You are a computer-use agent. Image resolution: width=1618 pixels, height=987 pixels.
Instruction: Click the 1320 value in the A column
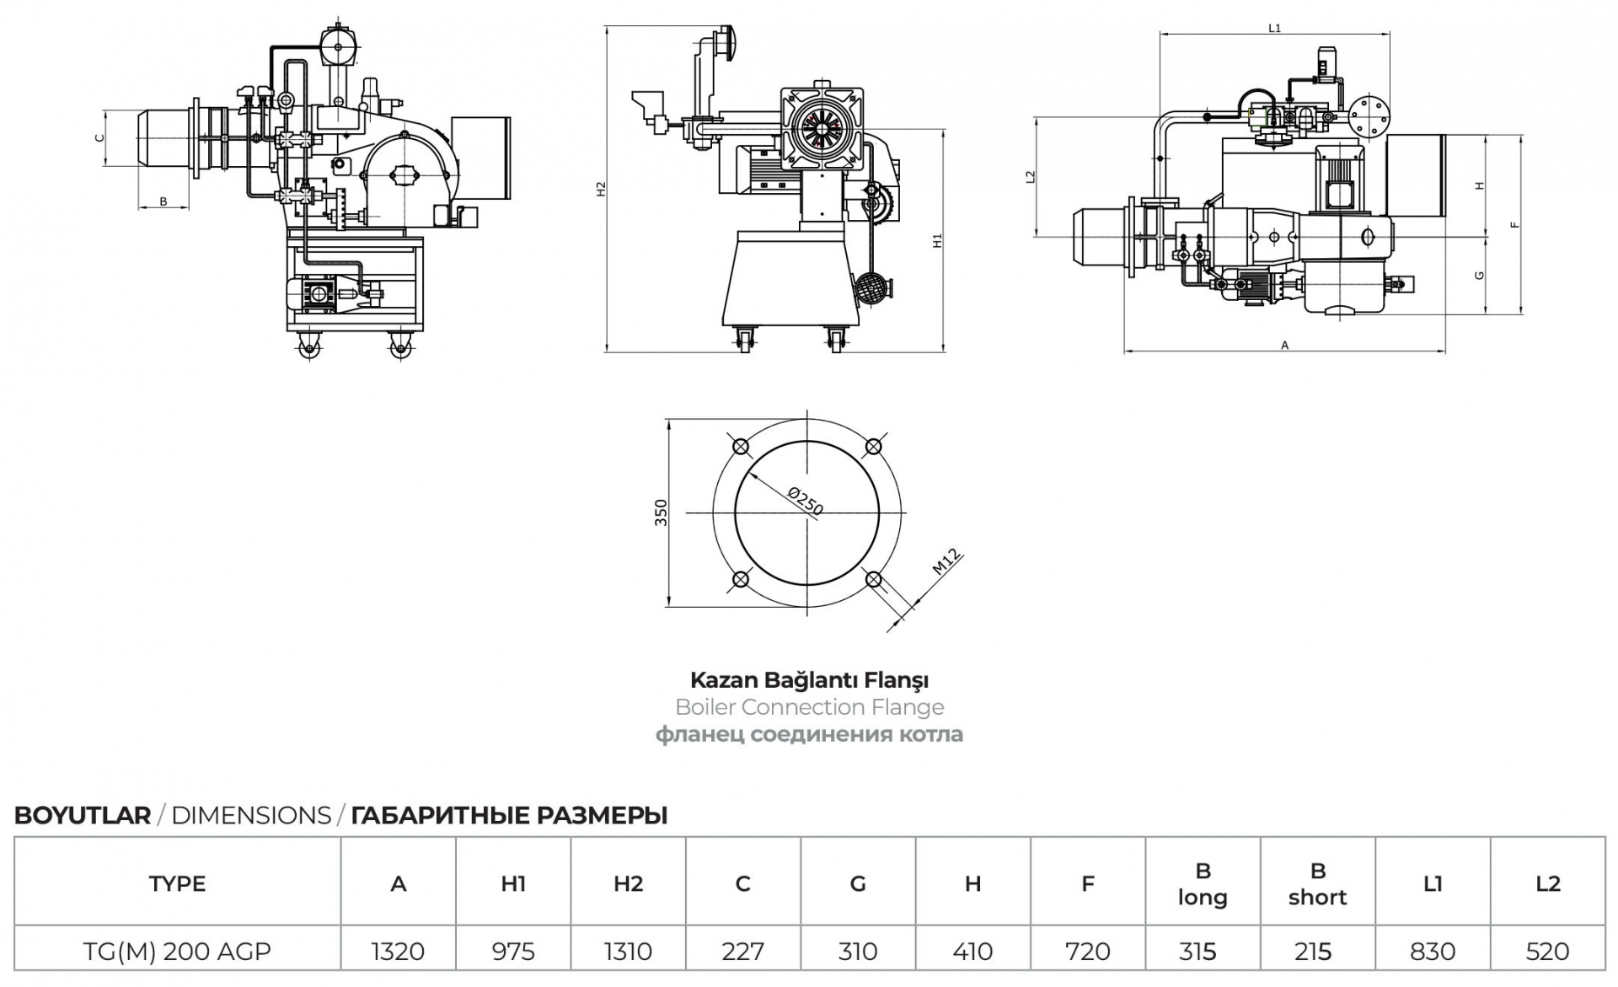tap(398, 952)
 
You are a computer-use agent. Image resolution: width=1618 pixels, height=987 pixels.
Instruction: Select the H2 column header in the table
tap(629, 883)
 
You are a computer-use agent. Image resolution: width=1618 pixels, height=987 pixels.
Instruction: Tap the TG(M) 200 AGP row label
tap(177, 952)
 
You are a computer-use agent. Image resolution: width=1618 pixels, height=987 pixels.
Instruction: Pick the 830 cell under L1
tap(1433, 952)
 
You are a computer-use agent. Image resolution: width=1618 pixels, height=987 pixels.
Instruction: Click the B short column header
tap(1318, 883)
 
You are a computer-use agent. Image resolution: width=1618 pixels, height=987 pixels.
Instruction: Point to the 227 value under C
tap(742, 952)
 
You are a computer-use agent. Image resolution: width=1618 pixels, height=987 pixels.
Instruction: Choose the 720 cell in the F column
tap(1088, 952)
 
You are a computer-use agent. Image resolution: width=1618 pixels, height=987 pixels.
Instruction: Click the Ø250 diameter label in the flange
tap(805, 500)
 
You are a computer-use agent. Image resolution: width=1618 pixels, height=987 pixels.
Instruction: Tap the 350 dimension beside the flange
tap(661, 512)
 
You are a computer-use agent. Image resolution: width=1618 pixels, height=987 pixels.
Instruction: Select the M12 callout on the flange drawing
tap(946, 561)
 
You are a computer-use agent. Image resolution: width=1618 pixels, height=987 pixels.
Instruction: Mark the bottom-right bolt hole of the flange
tap(874, 579)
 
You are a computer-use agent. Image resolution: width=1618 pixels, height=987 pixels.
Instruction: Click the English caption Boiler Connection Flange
tap(809, 707)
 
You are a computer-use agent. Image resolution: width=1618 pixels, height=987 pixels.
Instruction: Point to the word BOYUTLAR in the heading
tap(83, 816)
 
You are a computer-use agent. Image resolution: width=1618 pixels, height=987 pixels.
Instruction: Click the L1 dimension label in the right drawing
tap(1275, 28)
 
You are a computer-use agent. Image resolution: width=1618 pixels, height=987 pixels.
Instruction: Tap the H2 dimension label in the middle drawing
tap(601, 190)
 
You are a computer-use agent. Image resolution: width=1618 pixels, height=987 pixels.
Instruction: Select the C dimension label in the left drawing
tap(99, 137)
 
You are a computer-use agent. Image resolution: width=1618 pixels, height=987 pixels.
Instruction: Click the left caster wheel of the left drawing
tap(308, 346)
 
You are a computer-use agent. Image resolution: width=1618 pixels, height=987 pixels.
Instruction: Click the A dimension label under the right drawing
tap(1284, 345)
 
